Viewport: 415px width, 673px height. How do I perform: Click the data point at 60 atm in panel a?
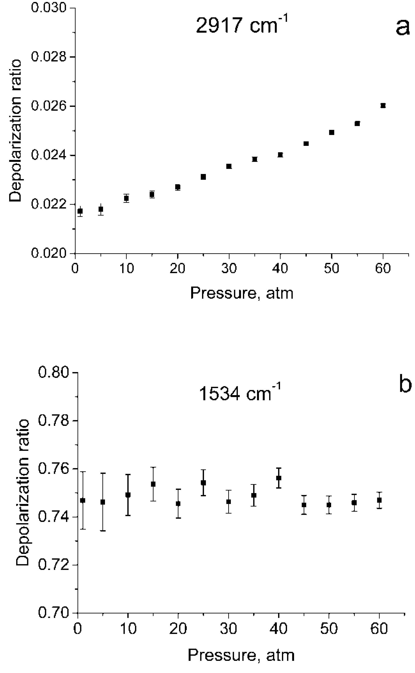(383, 106)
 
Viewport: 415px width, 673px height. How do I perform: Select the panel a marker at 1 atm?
(80, 211)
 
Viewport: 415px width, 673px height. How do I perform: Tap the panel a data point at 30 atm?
(229, 166)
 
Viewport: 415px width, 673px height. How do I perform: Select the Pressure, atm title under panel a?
(242, 293)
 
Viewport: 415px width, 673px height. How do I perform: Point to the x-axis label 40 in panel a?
(280, 268)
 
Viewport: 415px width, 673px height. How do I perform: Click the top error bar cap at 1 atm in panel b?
(83, 472)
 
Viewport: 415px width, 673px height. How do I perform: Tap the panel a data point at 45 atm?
(306, 144)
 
